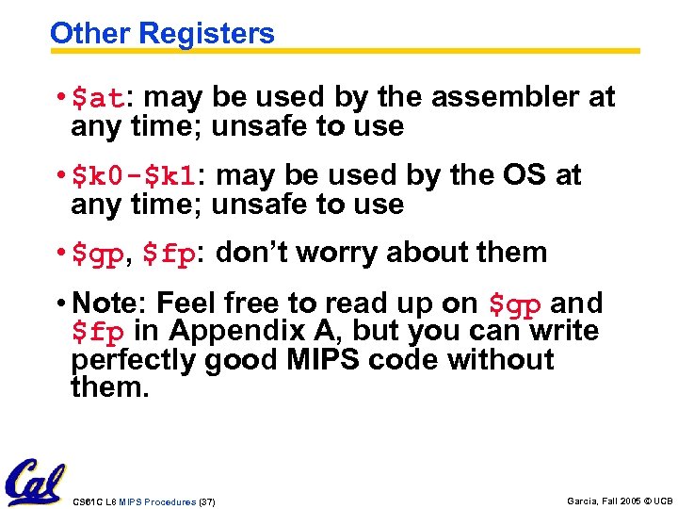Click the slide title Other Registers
click(x=162, y=34)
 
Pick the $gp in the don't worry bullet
click(x=98, y=254)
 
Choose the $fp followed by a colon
click(x=173, y=254)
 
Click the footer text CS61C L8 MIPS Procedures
click(x=133, y=502)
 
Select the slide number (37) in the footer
click(x=206, y=502)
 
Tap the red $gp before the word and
click(x=515, y=304)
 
